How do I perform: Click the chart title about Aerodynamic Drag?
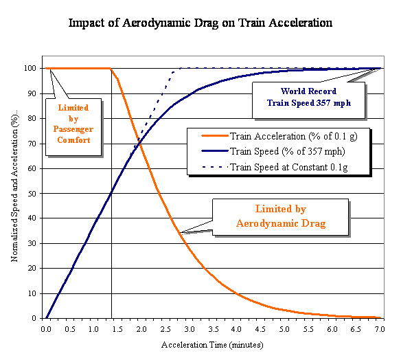200,23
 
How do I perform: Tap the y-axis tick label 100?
30,68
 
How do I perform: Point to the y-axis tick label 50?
32,194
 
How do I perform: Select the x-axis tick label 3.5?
213,329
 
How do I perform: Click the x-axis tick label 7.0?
380,329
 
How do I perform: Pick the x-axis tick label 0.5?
70,329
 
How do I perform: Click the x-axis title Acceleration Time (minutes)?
212,345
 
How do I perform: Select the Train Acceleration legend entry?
279,136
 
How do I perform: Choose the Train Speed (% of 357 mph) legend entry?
273,151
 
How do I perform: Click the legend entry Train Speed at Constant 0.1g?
275,167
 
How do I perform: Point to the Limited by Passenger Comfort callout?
73,127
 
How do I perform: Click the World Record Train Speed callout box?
308,100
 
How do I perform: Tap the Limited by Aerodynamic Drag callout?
281,217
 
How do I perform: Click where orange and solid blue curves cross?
139,144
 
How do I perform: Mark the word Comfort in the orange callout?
73,140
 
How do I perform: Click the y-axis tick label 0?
34,318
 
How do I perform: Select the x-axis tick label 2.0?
141,329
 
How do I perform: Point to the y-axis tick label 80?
32,118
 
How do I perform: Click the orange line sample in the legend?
215,136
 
